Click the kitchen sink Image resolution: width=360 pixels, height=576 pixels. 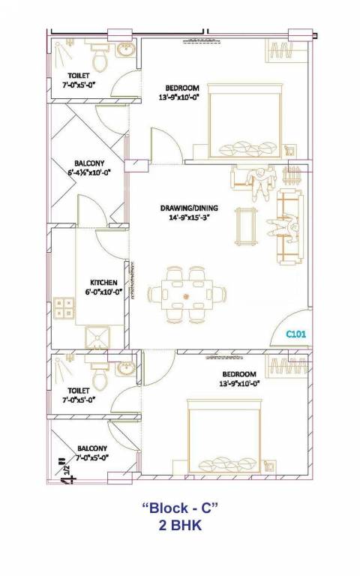click(x=96, y=337)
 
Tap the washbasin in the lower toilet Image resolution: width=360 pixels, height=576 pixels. click(x=124, y=368)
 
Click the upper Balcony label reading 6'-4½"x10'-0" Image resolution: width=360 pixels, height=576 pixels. click(x=89, y=167)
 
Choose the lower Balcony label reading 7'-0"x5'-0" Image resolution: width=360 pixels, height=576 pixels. click(x=91, y=452)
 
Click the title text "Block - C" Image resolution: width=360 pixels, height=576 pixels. click(x=179, y=508)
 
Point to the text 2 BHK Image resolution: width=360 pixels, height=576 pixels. click(x=179, y=526)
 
